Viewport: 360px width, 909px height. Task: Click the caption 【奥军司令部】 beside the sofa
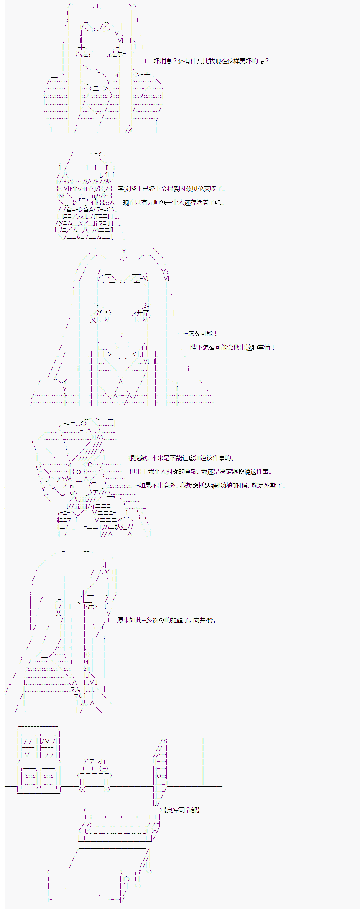click(x=182, y=810)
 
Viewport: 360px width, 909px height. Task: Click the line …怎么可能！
click(x=200, y=334)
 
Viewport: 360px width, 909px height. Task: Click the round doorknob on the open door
click(x=159, y=776)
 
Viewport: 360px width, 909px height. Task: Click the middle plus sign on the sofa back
click(x=121, y=817)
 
